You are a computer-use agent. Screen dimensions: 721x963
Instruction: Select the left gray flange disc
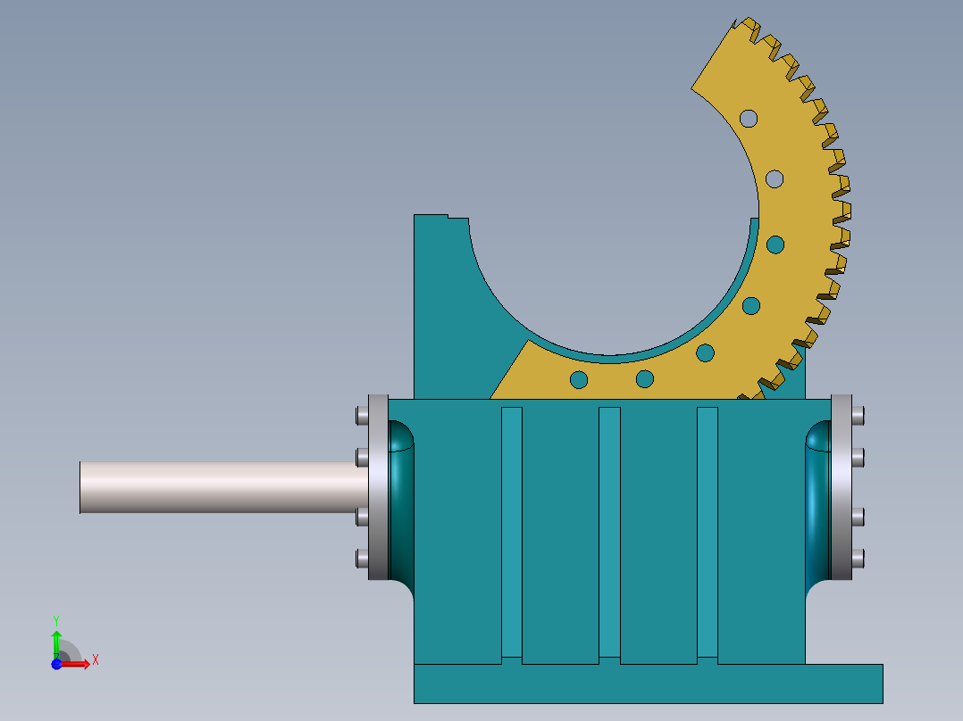[x=377, y=487]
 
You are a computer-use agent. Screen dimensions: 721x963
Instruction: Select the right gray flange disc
[x=842, y=487]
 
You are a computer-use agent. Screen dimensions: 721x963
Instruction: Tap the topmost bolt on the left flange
[x=361, y=416]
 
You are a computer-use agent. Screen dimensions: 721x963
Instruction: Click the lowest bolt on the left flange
[x=361, y=559]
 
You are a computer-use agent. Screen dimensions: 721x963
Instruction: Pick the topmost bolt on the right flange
[x=858, y=416]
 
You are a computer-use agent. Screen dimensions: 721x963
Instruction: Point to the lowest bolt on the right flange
[x=858, y=559]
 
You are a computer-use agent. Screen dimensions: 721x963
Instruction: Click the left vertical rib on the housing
[x=511, y=532]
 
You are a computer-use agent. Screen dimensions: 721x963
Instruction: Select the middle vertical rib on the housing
[x=609, y=532]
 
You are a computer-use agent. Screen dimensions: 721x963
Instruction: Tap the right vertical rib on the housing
[x=707, y=532]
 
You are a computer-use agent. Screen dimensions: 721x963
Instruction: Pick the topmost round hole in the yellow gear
[x=748, y=118]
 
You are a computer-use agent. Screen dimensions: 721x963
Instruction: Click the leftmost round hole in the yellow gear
[x=579, y=380]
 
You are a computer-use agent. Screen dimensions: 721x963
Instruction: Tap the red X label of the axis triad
[x=96, y=660]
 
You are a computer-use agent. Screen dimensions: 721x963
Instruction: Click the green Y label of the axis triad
[x=55, y=619]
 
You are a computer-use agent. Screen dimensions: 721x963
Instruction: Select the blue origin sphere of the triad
[x=56, y=664]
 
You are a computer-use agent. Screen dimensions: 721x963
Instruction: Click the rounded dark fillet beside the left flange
[x=401, y=500]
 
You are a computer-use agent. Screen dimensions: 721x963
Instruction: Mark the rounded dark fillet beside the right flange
[x=817, y=500]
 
